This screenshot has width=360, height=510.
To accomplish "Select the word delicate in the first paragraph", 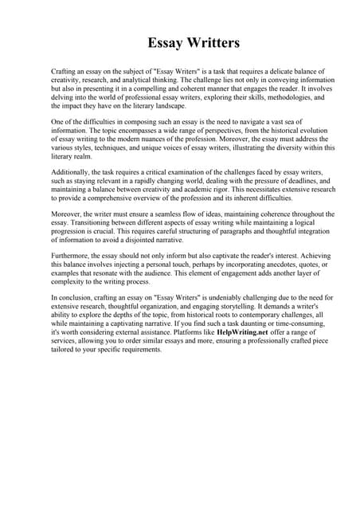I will point(275,72).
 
